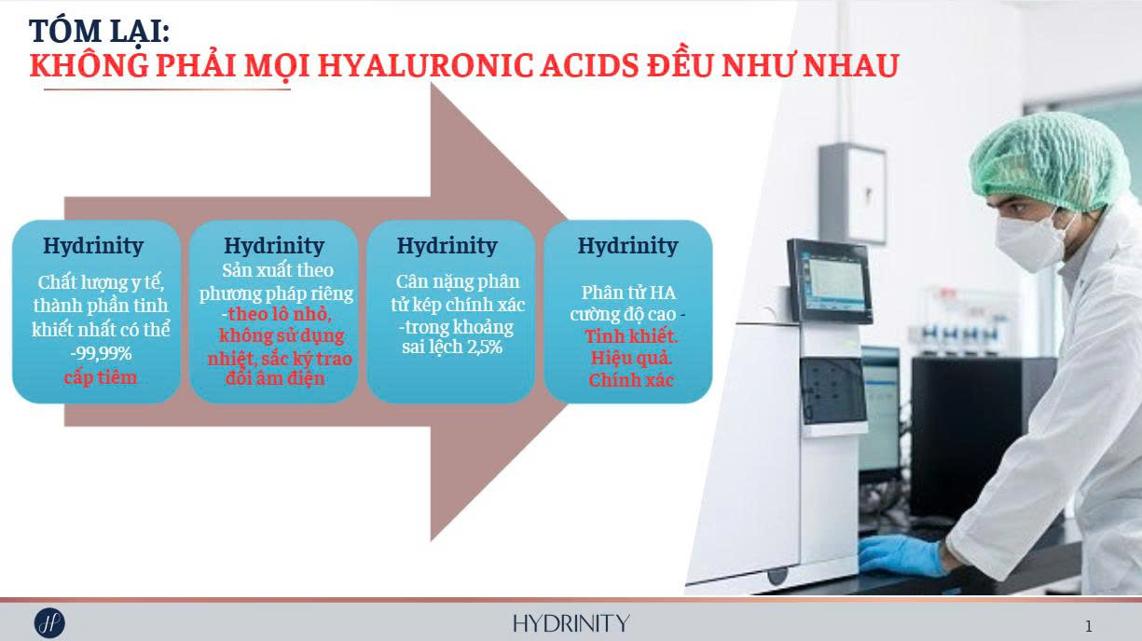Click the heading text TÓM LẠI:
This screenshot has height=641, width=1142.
[99, 32]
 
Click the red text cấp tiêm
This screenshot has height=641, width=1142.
[101, 377]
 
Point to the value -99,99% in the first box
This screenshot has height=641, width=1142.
[101, 354]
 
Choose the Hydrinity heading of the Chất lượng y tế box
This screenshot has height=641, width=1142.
[93, 246]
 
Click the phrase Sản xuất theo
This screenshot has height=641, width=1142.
[278, 270]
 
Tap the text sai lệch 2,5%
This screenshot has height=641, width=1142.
[452, 348]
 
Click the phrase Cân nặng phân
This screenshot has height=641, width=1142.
[458, 281]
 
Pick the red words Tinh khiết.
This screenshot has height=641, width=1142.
[631, 336]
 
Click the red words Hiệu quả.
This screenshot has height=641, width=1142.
[631, 358]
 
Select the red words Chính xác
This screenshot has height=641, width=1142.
[631, 380]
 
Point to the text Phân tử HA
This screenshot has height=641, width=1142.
[628, 293]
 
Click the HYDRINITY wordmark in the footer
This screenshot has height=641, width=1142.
[571, 623]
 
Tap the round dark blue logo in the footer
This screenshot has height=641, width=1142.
[49, 623]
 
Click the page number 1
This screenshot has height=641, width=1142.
[1089, 626]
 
